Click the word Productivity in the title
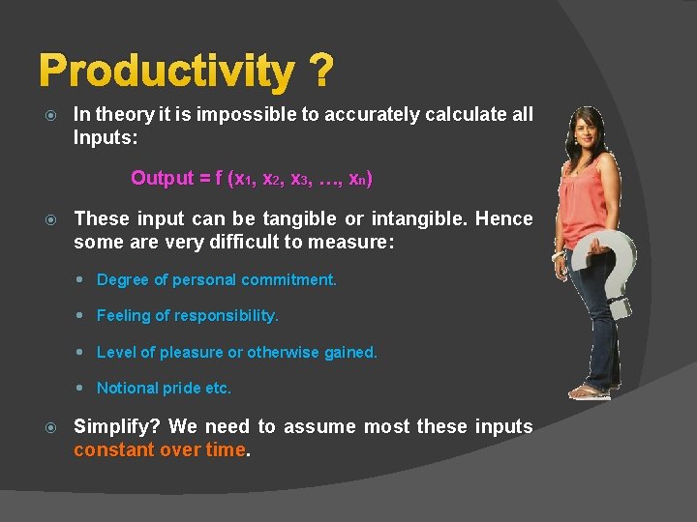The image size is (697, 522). (166, 72)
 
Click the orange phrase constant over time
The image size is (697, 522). (160, 449)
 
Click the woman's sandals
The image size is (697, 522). (588, 391)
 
